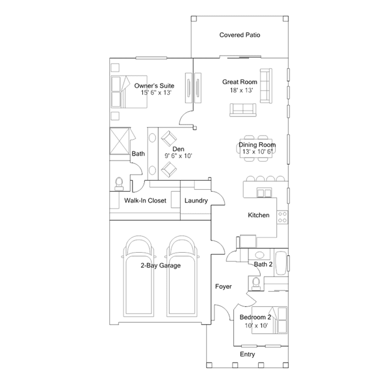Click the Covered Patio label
239,35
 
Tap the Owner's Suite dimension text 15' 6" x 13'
156,93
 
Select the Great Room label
239,82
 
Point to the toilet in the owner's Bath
119,184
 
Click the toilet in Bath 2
256,284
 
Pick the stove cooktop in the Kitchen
283,217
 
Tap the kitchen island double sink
264,193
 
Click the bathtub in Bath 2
281,263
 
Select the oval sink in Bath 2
259,255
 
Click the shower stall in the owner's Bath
120,141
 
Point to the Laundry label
196,200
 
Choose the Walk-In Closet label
145,200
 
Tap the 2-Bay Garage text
161,265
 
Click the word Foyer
223,286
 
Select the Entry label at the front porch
247,354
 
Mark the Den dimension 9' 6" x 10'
178,156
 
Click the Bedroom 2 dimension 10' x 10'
256,325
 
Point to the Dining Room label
257,145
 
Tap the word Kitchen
259,215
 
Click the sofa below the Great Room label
243,110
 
